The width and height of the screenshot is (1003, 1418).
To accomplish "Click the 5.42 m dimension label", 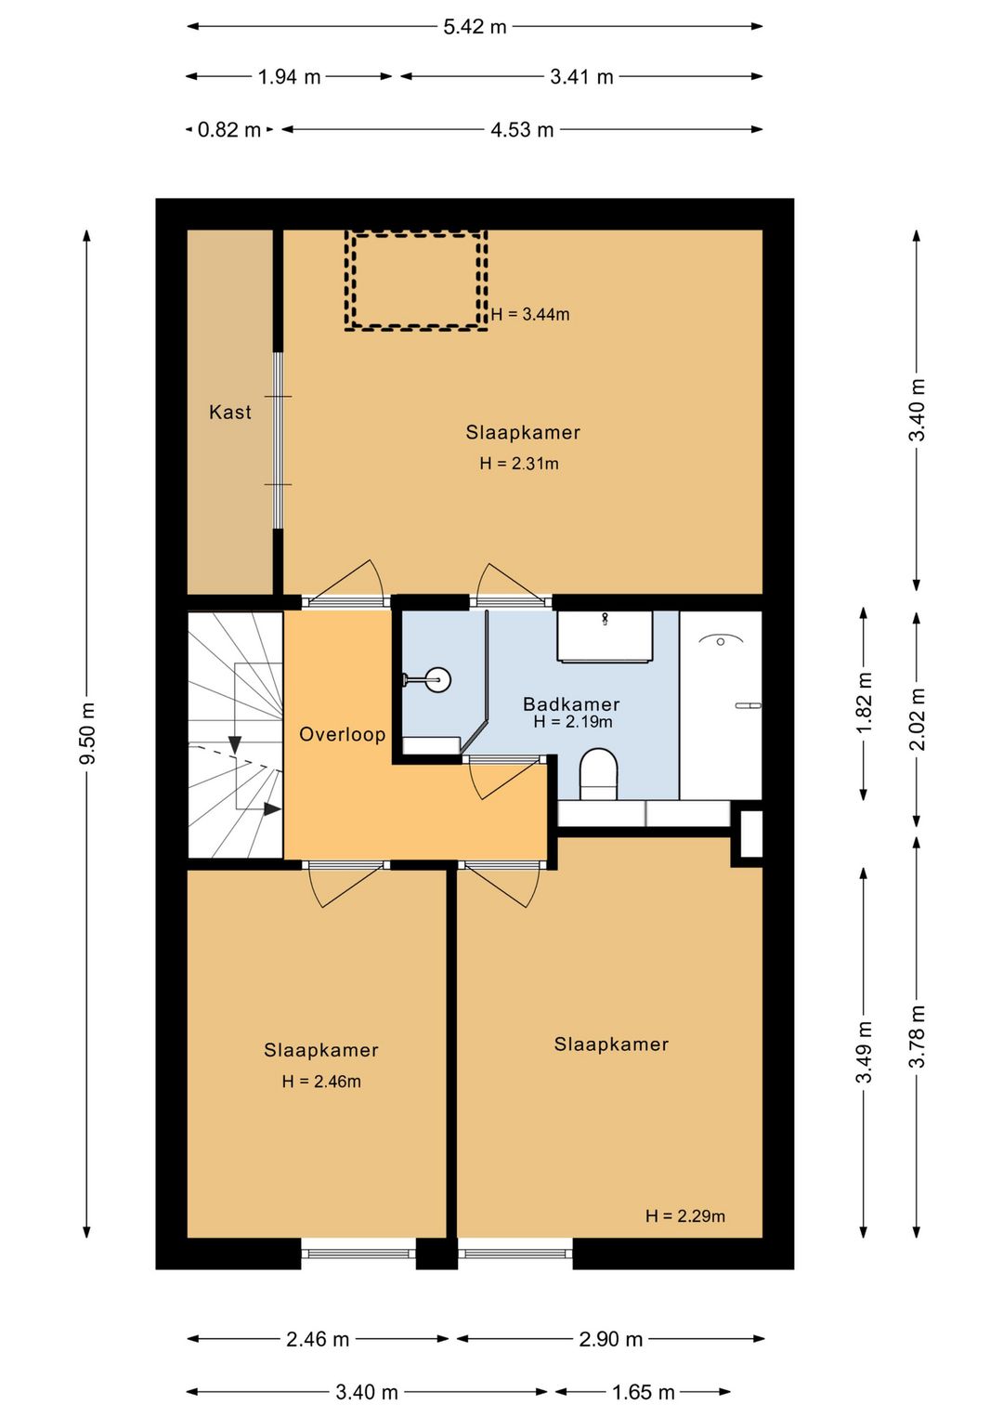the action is [x=475, y=27].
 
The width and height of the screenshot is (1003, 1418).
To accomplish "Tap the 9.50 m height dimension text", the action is [x=87, y=733].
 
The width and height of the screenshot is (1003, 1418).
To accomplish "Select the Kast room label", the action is [x=229, y=412].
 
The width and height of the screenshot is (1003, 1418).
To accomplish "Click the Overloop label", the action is [x=342, y=734].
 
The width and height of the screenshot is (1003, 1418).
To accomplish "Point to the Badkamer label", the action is [x=571, y=704].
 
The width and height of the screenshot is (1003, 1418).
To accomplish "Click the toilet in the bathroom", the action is [x=598, y=773].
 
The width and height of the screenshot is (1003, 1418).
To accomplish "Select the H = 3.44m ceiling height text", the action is [x=530, y=314].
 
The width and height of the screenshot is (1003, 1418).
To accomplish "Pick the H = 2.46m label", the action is [x=321, y=1082].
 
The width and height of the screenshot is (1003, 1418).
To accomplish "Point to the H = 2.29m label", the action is [x=685, y=1215].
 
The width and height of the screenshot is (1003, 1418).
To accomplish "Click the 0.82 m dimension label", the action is [x=229, y=130].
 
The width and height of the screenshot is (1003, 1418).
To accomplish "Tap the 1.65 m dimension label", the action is [x=643, y=1392].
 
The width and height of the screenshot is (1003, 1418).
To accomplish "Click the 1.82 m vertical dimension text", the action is [x=864, y=702].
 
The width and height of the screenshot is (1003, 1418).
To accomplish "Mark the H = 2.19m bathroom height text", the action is [x=573, y=722].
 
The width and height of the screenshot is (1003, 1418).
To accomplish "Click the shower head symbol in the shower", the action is [x=720, y=640].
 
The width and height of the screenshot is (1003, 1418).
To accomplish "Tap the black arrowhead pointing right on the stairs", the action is [x=273, y=809].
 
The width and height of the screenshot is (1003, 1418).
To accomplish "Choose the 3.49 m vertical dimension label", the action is [x=864, y=1052].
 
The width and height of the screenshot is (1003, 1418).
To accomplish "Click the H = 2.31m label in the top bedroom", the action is [x=519, y=464].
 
